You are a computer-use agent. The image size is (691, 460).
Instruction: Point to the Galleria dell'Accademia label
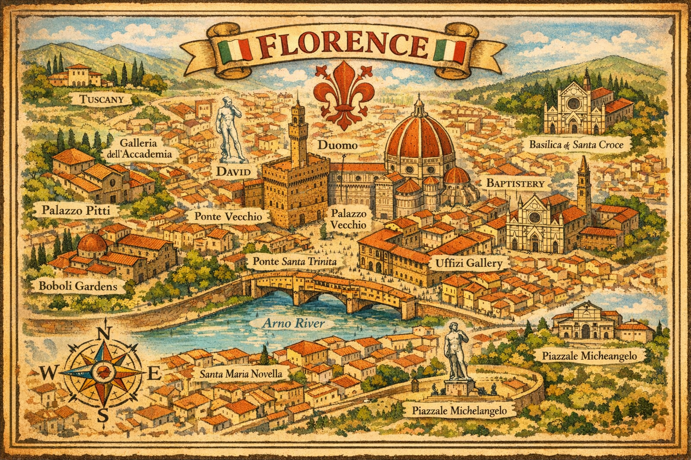click(139, 149)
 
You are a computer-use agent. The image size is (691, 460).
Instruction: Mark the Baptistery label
click(515, 183)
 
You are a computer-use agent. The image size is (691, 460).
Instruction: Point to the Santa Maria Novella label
click(241, 374)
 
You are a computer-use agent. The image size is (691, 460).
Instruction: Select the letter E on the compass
click(153, 373)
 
